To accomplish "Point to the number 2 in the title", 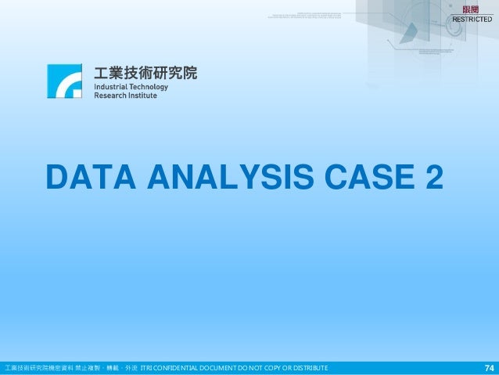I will click(433, 176).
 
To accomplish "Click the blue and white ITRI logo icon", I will click(64, 81).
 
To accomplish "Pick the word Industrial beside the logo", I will click(114, 87).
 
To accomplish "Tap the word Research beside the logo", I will click(113, 96).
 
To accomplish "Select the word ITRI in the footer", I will click(145, 368).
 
